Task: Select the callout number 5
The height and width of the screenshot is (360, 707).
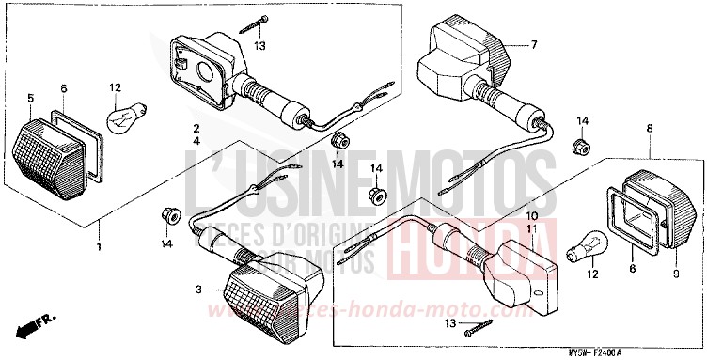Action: point(30,98)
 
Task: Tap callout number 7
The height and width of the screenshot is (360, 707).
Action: point(533,44)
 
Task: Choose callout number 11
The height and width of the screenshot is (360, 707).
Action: point(532,229)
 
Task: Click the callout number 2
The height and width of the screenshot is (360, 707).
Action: point(196,128)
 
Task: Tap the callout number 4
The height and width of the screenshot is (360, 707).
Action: point(196,141)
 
